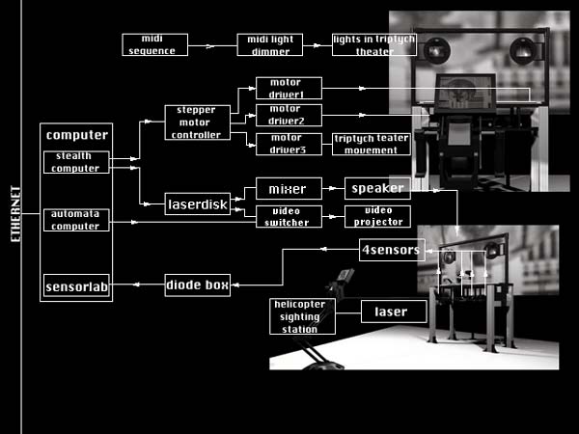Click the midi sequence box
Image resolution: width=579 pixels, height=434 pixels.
154,44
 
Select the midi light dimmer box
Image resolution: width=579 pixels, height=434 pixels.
270,44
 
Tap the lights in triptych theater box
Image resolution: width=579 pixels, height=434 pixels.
373,44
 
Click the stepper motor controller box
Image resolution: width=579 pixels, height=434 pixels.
197,122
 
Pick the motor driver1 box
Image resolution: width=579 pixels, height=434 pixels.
289,89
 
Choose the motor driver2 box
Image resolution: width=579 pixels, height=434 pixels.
289,115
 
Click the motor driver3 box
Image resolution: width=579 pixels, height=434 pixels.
289,144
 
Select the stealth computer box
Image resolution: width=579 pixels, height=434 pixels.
75,162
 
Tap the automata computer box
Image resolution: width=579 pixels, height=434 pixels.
75,220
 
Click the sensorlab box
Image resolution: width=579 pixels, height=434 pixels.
75,286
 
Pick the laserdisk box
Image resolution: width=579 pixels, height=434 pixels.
198,204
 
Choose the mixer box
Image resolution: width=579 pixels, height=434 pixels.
288,189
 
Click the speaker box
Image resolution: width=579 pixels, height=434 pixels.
377,189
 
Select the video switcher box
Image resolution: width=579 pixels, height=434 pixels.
288,216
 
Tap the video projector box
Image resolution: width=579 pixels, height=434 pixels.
377,216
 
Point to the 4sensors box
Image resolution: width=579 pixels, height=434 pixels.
390,251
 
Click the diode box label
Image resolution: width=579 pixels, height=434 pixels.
197,285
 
